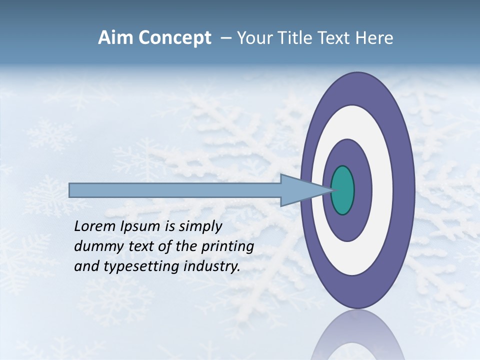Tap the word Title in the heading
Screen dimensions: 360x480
tap(299, 38)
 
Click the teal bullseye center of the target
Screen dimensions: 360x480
tap(343, 190)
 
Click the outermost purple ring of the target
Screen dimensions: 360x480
tap(404, 190)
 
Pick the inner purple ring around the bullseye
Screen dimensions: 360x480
tap(363, 190)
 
